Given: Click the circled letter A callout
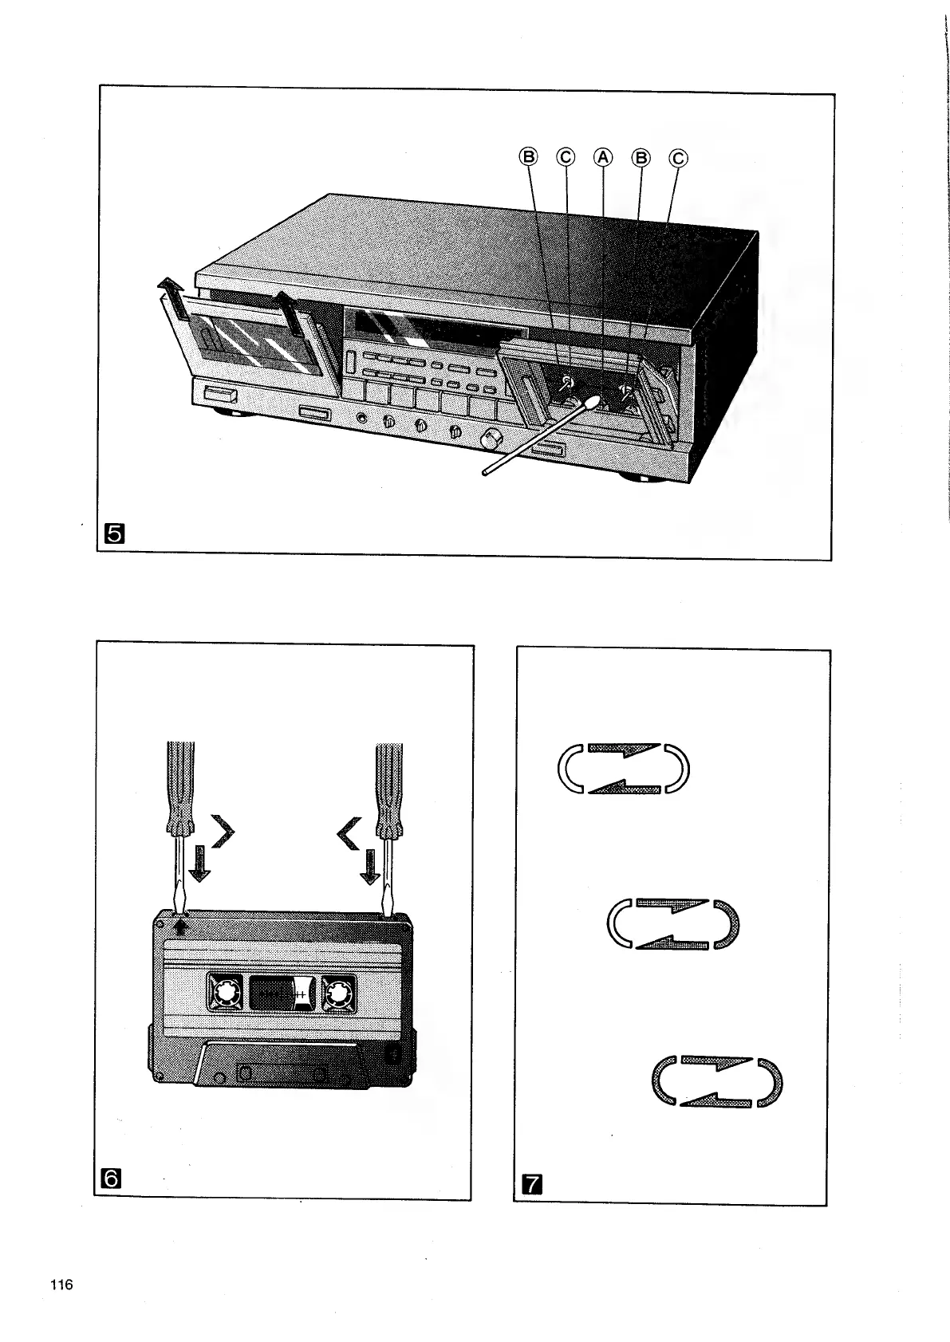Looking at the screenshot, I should point(603,157).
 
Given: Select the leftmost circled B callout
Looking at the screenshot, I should point(529,157).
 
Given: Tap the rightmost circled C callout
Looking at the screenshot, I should point(678,158).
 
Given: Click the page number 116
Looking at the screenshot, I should point(61,1285).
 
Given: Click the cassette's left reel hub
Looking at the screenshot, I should point(223,993).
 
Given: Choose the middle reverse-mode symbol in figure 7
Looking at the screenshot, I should point(673,924).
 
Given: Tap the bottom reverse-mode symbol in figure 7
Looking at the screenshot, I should point(717,1082).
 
